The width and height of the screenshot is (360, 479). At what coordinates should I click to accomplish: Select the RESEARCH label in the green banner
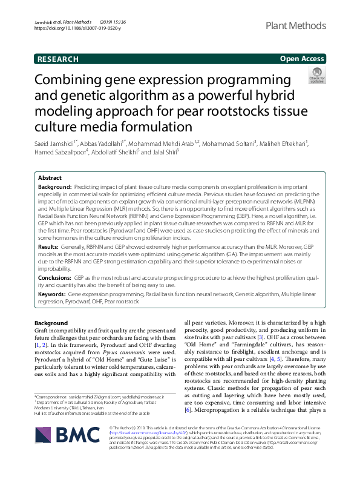(58, 59)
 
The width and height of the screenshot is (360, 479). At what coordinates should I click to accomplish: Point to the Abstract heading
(50, 178)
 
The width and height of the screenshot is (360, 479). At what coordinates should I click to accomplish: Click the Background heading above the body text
(51, 323)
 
